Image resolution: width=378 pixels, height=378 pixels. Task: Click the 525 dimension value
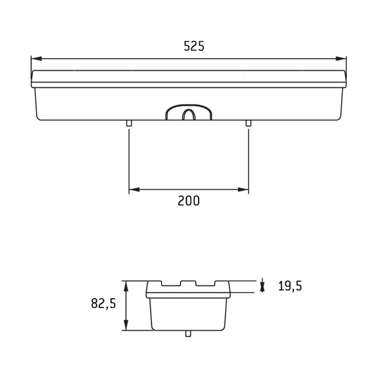[194, 46]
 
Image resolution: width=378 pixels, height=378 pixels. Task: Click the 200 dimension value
[189, 201]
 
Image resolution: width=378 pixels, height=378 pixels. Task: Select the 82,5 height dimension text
[103, 303]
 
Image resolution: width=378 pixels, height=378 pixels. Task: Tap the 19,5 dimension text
[290, 286]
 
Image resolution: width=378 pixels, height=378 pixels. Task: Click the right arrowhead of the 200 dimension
[243, 189]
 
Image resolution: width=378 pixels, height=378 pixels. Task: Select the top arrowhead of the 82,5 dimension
[126, 286]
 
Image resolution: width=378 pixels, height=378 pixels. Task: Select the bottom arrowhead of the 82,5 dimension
[126, 325]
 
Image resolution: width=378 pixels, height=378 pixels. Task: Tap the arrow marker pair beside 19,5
[262, 286]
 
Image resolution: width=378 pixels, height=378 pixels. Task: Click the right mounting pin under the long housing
[248, 123]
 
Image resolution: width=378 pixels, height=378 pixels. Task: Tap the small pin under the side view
[188, 333]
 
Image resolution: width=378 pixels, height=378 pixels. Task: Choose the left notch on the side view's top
[171, 284]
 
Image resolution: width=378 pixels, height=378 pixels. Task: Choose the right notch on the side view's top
[205, 284]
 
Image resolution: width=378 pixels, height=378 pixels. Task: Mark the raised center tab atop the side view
[188, 283]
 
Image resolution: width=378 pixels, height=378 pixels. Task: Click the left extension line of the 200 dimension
[129, 160]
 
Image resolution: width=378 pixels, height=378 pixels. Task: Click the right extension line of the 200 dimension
[248, 160]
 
